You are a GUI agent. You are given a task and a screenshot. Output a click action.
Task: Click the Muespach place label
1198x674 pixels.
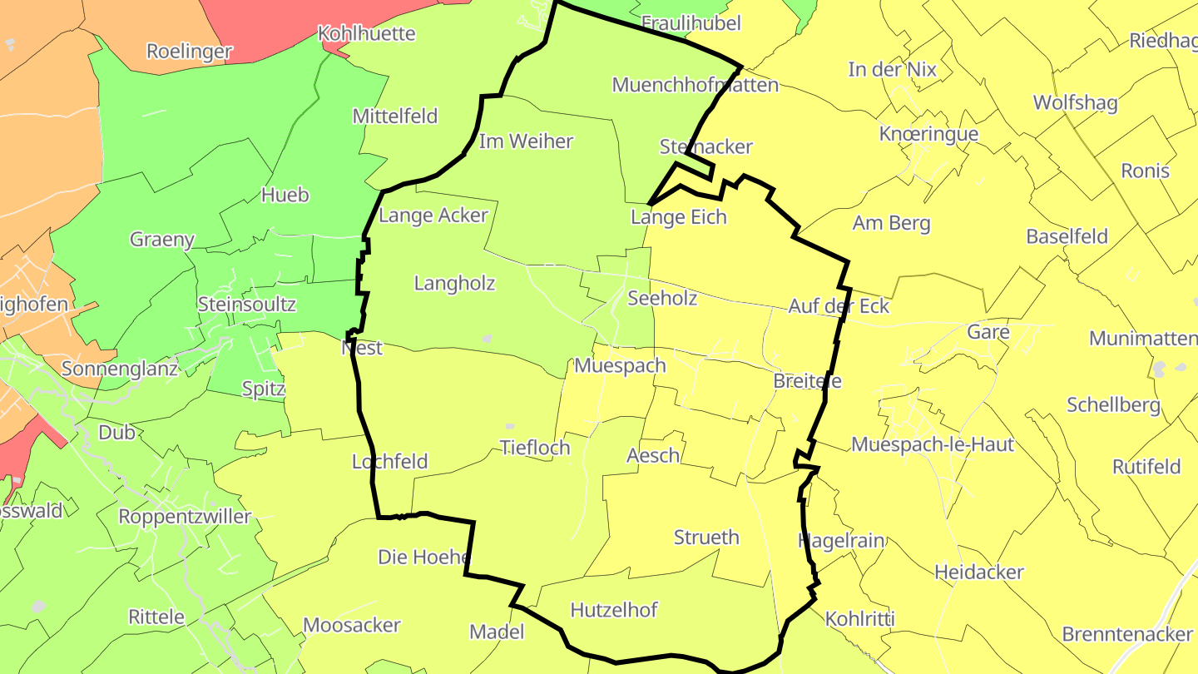(620, 365)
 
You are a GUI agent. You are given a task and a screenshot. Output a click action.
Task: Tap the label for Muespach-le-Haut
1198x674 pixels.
(933, 444)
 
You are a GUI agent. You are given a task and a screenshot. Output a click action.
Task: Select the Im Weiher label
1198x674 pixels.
(526, 141)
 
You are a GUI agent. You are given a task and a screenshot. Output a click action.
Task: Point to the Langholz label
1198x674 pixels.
(454, 284)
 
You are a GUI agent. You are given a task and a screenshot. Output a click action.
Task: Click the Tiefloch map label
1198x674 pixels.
(535, 448)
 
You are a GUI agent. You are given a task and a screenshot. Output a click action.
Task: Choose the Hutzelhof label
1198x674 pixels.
(614, 610)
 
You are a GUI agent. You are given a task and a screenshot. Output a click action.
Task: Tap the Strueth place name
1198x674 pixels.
(706, 538)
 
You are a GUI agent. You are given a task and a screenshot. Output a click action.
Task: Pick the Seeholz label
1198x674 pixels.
(662, 298)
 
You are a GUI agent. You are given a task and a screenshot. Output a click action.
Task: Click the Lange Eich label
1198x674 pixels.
(679, 217)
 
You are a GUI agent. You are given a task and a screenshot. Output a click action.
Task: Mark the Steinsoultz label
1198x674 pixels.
(247, 304)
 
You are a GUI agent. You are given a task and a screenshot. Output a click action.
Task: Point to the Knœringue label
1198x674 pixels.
(928, 134)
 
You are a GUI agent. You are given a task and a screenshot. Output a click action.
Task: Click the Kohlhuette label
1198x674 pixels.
(367, 34)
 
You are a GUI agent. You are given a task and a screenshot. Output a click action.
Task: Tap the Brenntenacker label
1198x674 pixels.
(1127, 634)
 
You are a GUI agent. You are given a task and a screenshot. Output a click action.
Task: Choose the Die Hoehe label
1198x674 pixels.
(424, 557)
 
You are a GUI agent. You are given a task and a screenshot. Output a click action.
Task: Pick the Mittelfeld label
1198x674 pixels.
(395, 116)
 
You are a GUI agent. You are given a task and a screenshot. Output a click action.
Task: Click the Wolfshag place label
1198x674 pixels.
(1075, 102)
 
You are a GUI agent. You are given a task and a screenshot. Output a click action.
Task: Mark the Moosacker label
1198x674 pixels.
(352, 625)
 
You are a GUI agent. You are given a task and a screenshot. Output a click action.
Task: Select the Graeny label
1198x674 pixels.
(162, 240)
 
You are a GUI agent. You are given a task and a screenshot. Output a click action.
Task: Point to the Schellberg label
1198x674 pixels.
(1113, 405)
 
